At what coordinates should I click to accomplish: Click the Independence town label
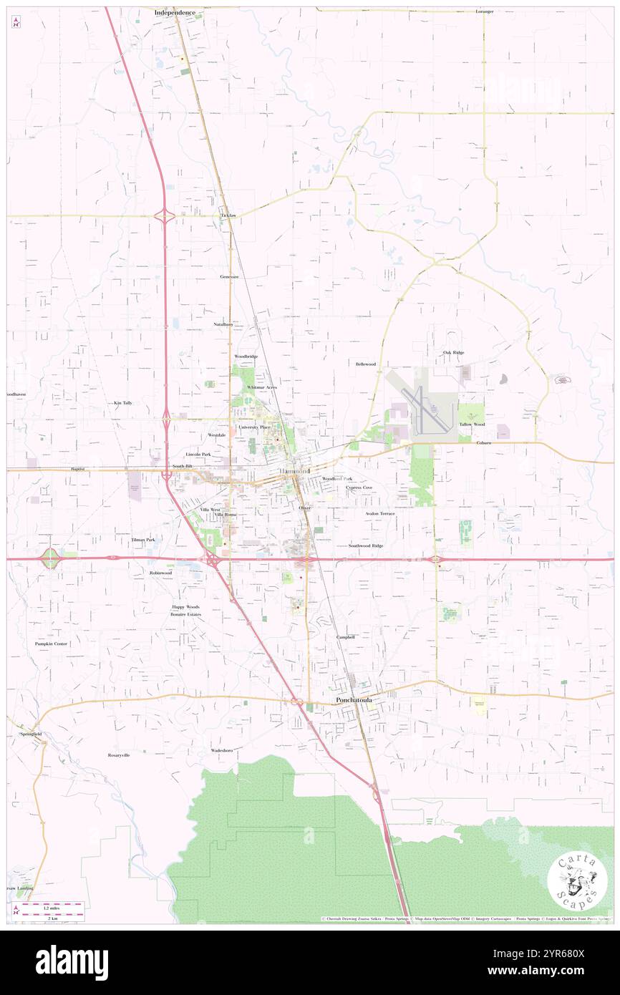pyautogui.click(x=175, y=13)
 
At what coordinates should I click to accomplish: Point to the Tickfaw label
pyautogui.click(x=228, y=215)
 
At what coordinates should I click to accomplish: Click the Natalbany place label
pyautogui.click(x=223, y=324)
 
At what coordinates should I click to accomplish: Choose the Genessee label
pyautogui.click(x=229, y=276)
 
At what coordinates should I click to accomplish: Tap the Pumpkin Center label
pyautogui.click(x=52, y=644)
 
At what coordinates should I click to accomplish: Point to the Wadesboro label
pyautogui.click(x=222, y=749)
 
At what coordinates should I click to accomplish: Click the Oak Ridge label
pyautogui.click(x=453, y=352)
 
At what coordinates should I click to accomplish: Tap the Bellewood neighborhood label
pyautogui.click(x=366, y=364)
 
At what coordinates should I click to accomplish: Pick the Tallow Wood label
pyautogui.click(x=472, y=424)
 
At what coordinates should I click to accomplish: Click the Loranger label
pyautogui.click(x=485, y=12)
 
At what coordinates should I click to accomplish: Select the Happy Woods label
pyautogui.click(x=185, y=606)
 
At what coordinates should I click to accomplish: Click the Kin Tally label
pyautogui.click(x=123, y=403)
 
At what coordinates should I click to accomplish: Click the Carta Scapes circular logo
pyautogui.click(x=577, y=880)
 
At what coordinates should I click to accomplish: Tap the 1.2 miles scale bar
pyautogui.click(x=49, y=908)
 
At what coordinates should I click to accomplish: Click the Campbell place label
pyautogui.click(x=346, y=636)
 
